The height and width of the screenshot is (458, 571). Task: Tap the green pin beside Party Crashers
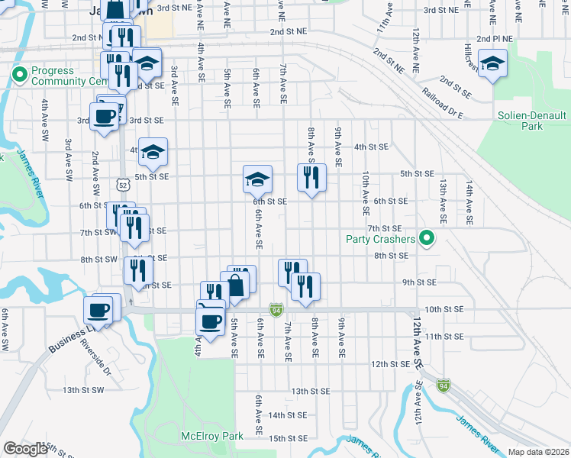pyautogui.click(x=427, y=240)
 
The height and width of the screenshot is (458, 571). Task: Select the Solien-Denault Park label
pyautogui.click(x=534, y=121)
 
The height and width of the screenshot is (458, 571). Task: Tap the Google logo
pyautogui.click(x=25, y=449)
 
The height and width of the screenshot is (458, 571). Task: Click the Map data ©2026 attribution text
pyautogui.click(x=539, y=452)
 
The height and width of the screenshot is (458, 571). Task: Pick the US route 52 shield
pyautogui.click(x=124, y=183)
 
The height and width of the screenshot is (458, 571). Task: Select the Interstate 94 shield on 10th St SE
pyautogui.click(x=276, y=310)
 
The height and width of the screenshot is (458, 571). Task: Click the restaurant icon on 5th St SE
pyautogui.click(x=311, y=179)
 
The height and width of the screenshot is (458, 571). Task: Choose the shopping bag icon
pyautogui.click(x=236, y=285)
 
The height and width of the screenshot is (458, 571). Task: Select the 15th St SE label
pyautogui.click(x=288, y=439)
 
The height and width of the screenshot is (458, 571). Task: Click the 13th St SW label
pyautogui.click(x=82, y=390)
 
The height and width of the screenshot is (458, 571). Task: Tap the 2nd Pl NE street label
pyautogui.click(x=494, y=38)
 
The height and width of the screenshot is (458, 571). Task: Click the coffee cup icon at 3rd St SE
pyautogui.click(x=105, y=117)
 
